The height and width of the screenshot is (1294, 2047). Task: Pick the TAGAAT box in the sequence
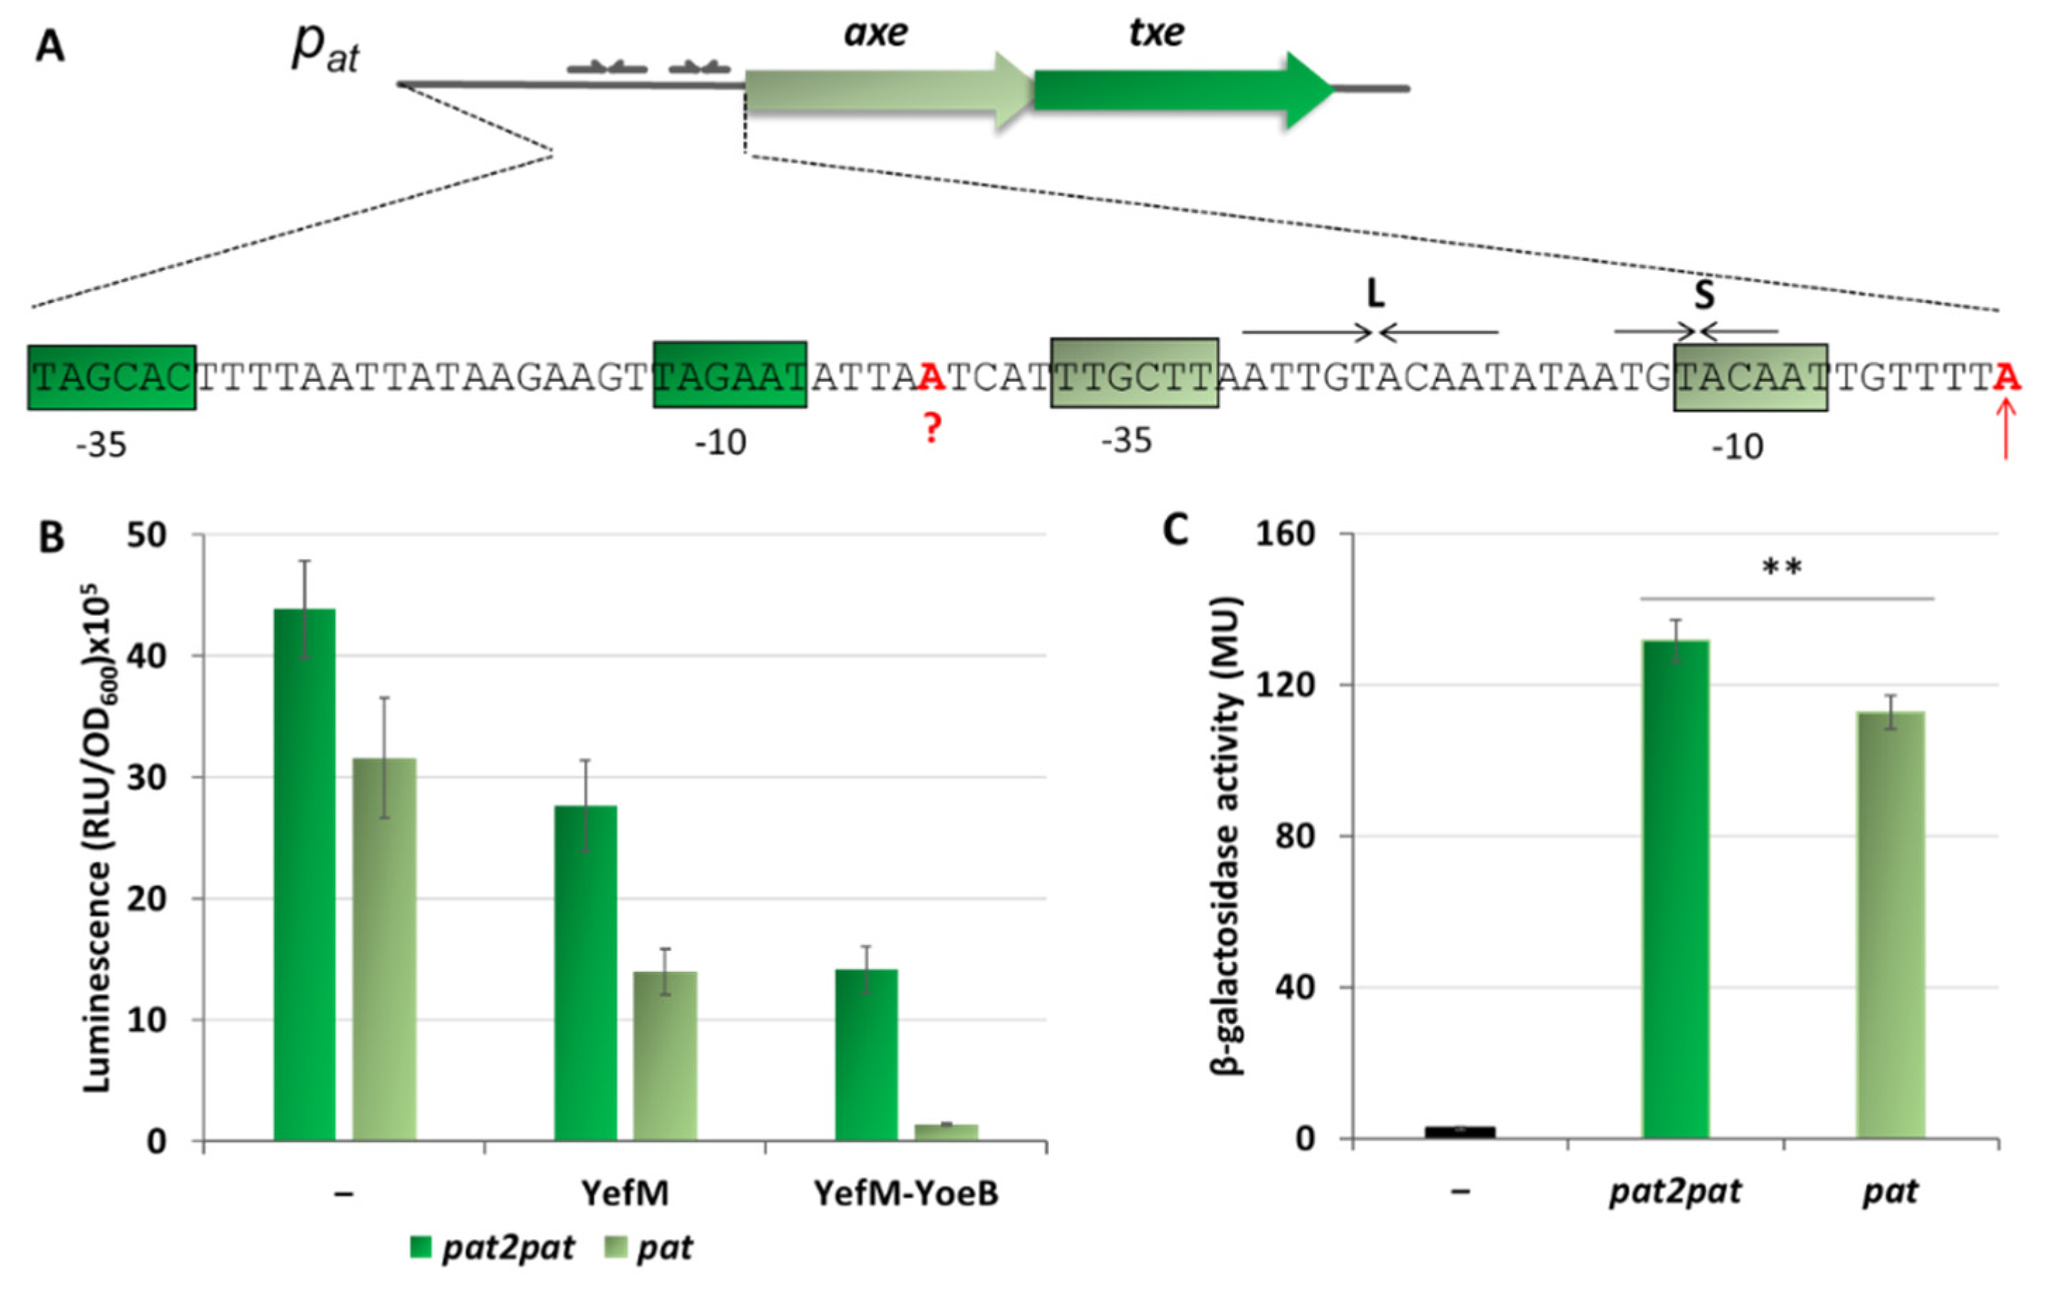click(729, 375)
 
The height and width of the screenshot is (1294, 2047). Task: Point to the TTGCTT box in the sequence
click(1134, 373)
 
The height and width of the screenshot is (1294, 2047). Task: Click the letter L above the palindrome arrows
click(1375, 294)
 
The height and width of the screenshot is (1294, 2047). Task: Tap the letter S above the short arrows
click(1704, 295)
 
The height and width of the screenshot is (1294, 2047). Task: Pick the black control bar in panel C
click(1460, 1132)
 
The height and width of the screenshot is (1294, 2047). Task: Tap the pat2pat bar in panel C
click(1676, 889)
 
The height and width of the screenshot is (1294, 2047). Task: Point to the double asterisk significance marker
click(1782, 568)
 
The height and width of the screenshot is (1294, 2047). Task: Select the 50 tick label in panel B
click(146, 535)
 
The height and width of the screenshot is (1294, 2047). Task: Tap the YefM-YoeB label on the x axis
click(906, 1193)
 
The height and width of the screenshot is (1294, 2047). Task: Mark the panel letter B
click(51, 537)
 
